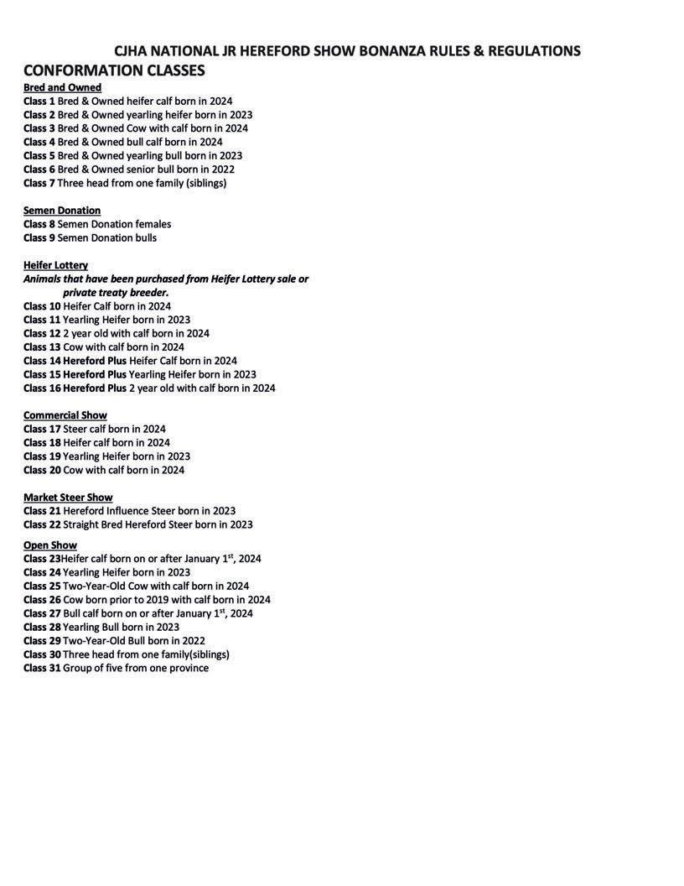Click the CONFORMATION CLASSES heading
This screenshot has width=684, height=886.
[x=114, y=70]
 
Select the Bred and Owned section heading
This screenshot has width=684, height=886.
[x=62, y=87]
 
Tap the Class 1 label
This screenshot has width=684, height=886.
[x=39, y=101]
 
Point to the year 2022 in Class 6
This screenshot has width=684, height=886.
[x=222, y=169]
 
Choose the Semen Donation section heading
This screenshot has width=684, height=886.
[x=62, y=210]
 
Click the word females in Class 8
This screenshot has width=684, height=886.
[x=153, y=224]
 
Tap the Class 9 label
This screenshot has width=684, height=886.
[x=39, y=237]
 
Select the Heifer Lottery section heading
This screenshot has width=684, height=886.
[x=55, y=265]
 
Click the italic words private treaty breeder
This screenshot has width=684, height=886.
[x=116, y=292]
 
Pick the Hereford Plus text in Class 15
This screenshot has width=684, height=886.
[x=95, y=374]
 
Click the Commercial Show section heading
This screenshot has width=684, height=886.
[x=65, y=415]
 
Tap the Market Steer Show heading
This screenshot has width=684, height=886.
[x=68, y=498]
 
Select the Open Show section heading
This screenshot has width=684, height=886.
[x=50, y=545]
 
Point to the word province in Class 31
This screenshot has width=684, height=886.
[x=189, y=668]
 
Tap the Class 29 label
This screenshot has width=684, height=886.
[x=42, y=640]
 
